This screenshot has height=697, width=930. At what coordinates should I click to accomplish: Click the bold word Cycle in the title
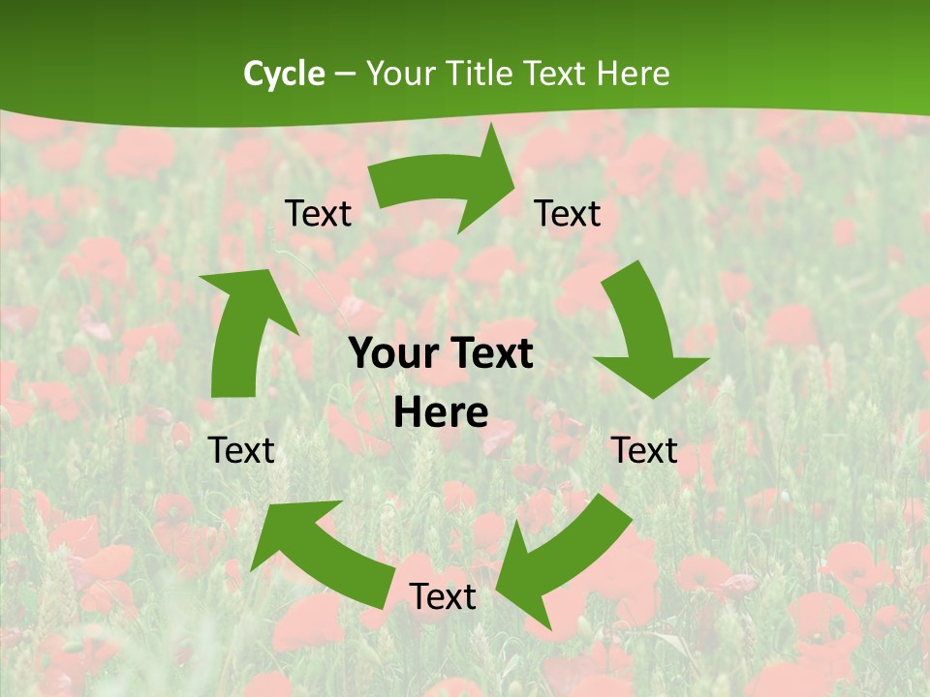(284, 74)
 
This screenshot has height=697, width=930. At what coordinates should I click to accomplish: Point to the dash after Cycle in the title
(345, 74)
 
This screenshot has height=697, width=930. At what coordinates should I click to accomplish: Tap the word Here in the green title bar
(633, 74)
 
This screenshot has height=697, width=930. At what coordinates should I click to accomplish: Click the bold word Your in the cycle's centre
(393, 353)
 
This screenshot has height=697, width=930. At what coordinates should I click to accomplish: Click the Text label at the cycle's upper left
(318, 214)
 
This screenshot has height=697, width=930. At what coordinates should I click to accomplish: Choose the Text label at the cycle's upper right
(568, 214)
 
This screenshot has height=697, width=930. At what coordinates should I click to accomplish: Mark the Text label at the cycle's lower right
(644, 450)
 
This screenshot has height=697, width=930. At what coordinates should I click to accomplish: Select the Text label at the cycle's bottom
(443, 596)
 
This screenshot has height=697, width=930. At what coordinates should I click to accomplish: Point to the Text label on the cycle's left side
(241, 450)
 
